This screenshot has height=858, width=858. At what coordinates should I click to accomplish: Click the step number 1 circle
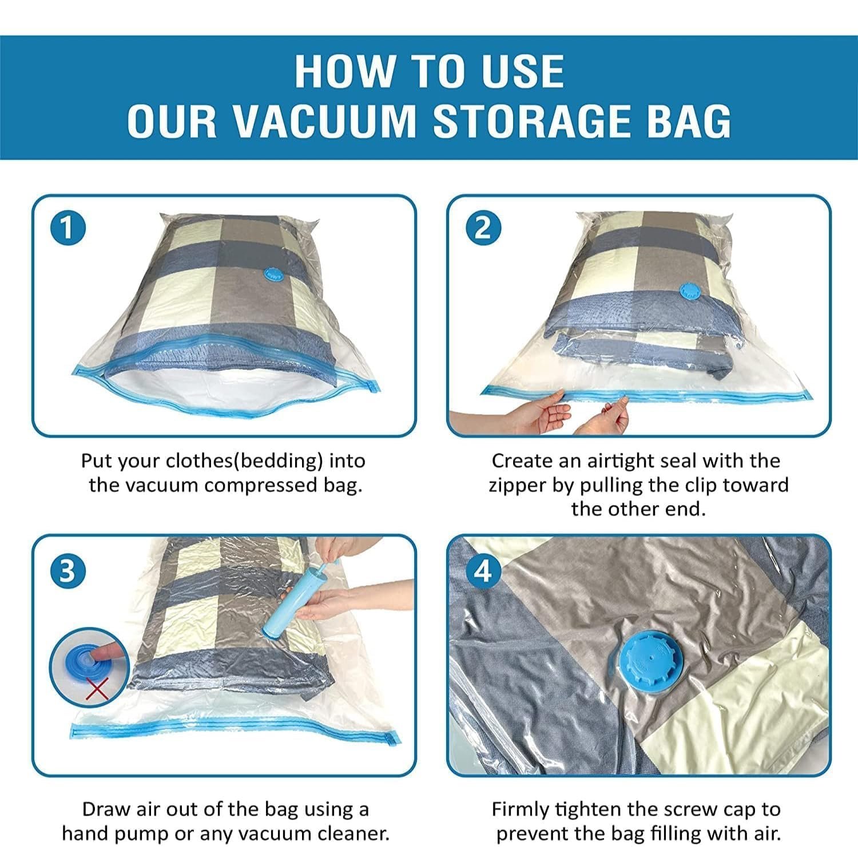(67, 229)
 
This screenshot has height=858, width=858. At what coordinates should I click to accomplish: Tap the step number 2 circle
(483, 229)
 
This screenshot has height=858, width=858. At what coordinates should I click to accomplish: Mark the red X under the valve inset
(98, 690)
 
